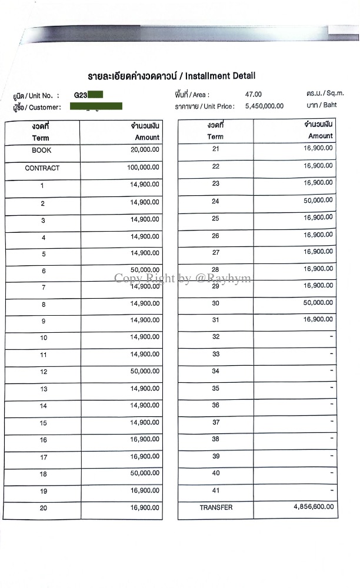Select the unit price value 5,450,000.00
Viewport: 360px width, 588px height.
[264, 106]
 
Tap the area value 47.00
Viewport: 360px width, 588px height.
[254, 94]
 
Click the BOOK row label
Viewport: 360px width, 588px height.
[42, 151]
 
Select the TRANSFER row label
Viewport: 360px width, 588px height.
[216, 507]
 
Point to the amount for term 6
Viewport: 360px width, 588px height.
[145, 270]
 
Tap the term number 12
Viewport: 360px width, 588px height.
[44, 372]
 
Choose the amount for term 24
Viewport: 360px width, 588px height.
[318, 201]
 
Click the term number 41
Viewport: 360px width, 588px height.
[216, 490]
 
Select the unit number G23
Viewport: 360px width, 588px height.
[81, 95]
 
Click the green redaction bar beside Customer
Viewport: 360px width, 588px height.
[96, 106]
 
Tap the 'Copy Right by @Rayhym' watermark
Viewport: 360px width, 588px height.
[182, 278]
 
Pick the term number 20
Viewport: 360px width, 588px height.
[44, 508]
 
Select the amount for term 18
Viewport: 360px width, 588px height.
[145, 473]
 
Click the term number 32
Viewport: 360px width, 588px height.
[216, 337]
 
